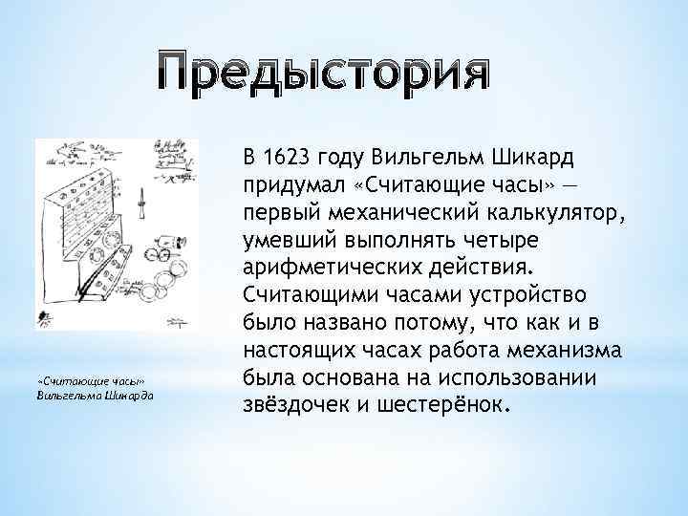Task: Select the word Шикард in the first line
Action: pos(534,157)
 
